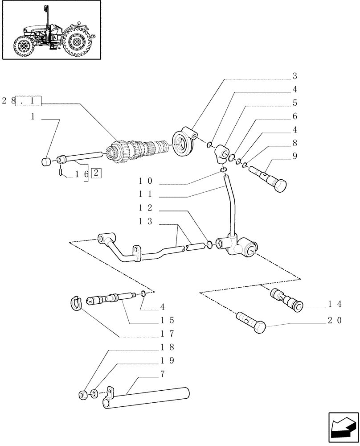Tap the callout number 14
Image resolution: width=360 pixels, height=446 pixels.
pyautogui.click(x=334, y=304)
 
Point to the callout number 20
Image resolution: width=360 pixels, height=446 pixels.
pyautogui.click(x=334, y=320)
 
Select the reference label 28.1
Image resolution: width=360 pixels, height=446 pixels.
pyautogui.click(x=21, y=101)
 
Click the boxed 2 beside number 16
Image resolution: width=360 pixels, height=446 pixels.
pyautogui.click(x=96, y=173)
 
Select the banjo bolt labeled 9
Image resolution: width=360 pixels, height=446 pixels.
pyautogui.click(x=270, y=178)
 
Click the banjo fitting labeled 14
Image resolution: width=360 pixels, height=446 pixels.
pyautogui.click(x=286, y=298)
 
